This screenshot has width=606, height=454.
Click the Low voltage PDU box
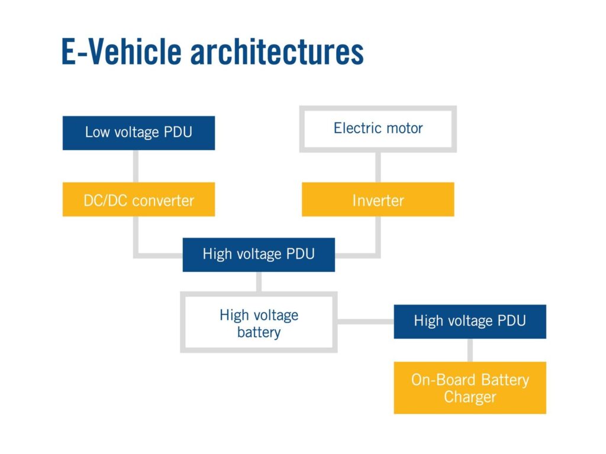point(138,132)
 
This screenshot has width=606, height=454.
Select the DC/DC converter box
point(138,200)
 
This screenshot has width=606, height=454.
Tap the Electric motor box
point(378,128)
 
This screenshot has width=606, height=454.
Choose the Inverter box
point(378,200)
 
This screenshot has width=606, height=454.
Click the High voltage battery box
point(259,323)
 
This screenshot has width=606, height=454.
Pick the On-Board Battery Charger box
point(470,388)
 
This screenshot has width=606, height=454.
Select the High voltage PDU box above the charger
point(470,322)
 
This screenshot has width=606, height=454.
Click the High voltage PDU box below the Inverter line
point(259,255)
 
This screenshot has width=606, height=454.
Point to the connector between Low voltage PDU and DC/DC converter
point(136,166)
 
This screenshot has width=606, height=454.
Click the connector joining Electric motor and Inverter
point(378,167)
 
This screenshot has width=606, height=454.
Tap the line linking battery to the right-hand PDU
point(365,322)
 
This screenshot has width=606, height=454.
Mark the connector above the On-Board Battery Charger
point(470,350)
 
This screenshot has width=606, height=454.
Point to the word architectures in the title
point(277,52)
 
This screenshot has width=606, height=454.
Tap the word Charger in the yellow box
point(470,397)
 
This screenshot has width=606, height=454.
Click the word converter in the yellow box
point(163,200)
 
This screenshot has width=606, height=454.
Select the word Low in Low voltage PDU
point(97,132)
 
